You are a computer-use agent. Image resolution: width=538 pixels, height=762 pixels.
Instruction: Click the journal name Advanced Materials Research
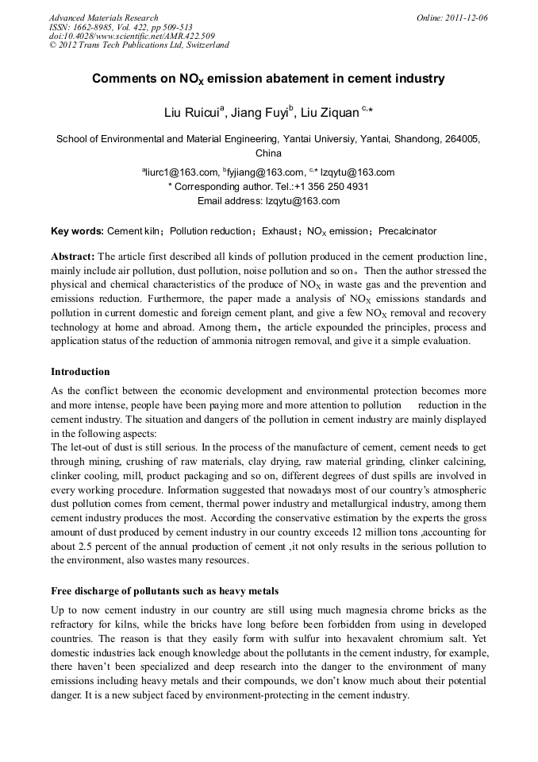[103, 17]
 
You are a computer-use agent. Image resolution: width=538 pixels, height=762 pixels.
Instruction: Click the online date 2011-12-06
[463, 17]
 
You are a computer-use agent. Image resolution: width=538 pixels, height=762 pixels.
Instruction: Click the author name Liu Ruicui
[193, 113]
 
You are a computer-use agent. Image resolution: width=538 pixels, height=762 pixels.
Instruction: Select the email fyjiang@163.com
[266, 172]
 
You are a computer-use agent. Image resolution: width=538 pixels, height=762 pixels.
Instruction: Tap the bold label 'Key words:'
[77, 231]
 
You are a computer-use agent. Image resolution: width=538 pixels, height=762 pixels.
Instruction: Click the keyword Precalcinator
[407, 231]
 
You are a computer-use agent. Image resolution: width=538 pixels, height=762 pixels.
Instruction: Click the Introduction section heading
[80, 371]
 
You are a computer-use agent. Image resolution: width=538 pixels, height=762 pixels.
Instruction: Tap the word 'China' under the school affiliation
[268, 153]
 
